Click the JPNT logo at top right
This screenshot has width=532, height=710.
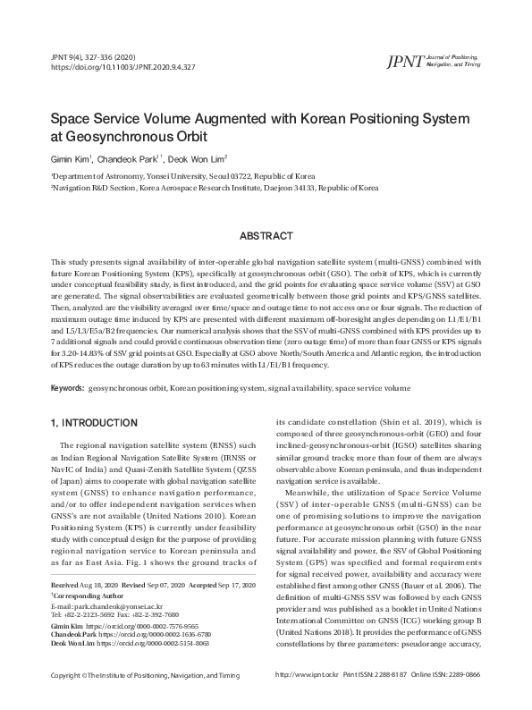(x=401, y=61)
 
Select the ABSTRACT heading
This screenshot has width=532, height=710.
(x=266, y=236)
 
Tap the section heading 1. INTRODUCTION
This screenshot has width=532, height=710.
(x=94, y=422)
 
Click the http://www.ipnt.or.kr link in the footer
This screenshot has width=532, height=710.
(x=308, y=698)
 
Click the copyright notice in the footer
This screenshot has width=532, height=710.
(x=146, y=698)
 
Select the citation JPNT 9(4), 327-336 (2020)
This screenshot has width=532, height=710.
(x=97, y=55)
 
